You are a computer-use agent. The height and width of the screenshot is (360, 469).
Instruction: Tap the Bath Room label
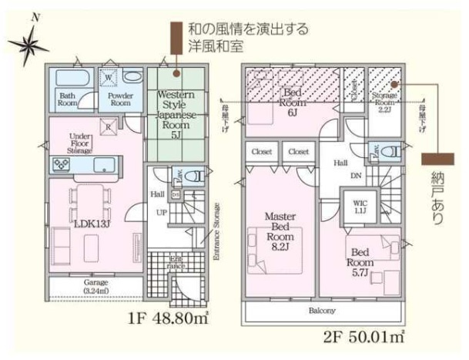[x=69, y=99]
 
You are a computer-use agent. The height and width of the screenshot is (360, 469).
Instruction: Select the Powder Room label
[x=119, y=99]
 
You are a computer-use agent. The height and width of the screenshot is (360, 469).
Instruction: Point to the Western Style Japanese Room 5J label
[x=177, y=113]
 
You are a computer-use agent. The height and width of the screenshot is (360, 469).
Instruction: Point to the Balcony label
[x=323, y=311]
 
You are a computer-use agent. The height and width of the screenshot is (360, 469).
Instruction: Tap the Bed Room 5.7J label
[x=360, y=257]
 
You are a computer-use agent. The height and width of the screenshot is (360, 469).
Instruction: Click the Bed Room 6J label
[x=292, y=100]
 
